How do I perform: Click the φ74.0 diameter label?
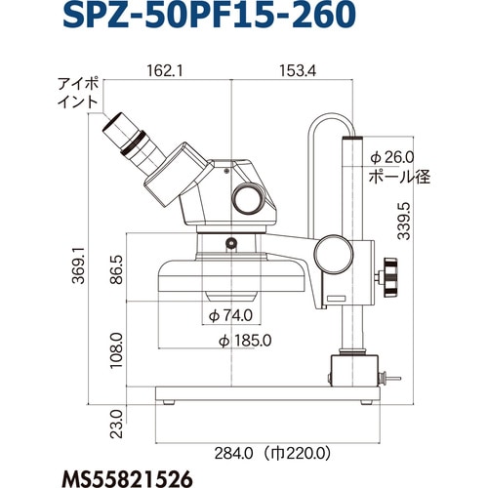click(230, 315)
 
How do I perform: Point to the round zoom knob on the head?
click(247, 197)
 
